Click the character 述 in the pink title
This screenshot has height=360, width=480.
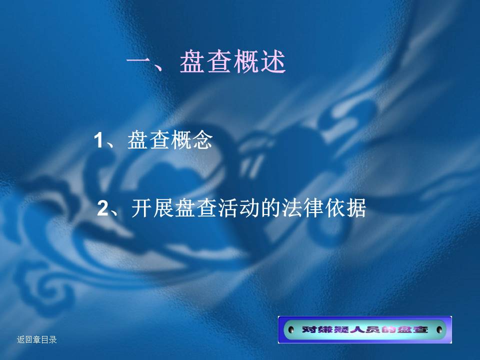[272, 61]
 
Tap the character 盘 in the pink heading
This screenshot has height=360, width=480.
[192, 61]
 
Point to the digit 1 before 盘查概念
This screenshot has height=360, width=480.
[98, 140]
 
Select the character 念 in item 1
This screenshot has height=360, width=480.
[202, 140]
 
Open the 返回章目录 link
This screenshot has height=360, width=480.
[36, 339]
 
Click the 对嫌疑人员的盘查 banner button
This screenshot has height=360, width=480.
[365, 329]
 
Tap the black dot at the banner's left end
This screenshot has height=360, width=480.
[291, 329]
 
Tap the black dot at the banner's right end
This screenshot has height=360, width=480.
[439, 329]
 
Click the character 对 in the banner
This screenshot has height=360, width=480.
[309, 329]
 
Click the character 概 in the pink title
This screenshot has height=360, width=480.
[245, 61]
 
